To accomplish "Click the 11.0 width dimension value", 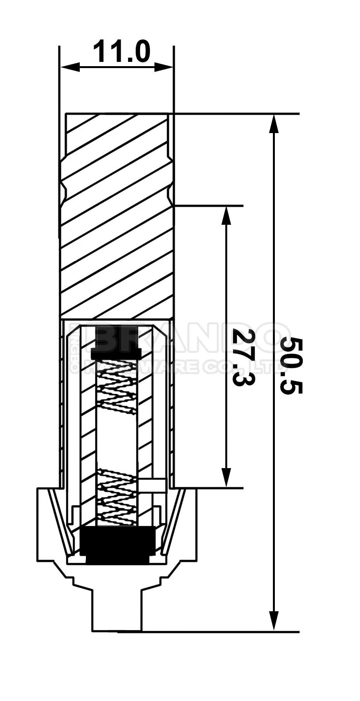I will (121, 52).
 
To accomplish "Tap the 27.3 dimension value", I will (244, 357).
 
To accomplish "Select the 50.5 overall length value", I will (291, 365).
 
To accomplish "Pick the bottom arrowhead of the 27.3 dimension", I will (226, 477).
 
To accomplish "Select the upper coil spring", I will (117, 391).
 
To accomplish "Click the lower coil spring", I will (117, 497).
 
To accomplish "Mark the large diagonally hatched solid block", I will (116, 232).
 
